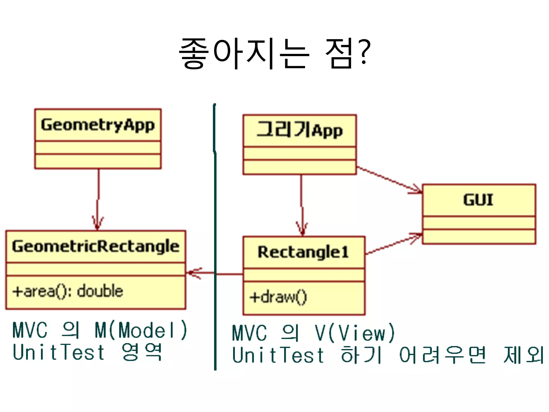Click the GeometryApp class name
click(98, 125)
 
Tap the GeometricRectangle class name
click(96, 246)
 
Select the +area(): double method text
click(68, 291)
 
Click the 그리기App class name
click(299, 130)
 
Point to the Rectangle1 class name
click(303, 252)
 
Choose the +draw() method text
click(278, 297)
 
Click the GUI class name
click(478, 200)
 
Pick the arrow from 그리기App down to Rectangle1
click(302, 205)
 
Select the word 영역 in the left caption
click(142, 352)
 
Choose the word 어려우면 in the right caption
click(442, 355)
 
